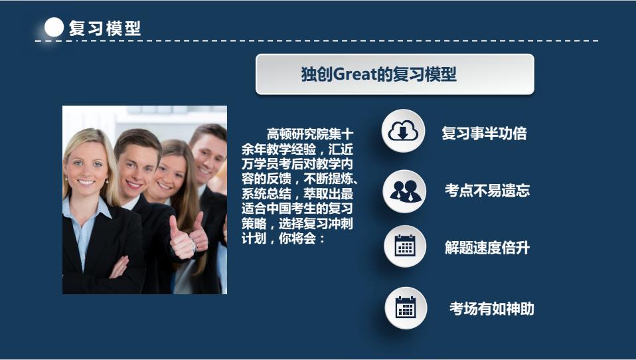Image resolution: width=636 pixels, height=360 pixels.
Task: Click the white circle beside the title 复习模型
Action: (x=54, y=28)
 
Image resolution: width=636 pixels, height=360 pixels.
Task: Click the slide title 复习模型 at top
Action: (x=105, y=29)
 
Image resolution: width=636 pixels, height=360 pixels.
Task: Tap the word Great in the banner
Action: (x=355, y=74)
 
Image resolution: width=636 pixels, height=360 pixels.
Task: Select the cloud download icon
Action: (x=403, y=131)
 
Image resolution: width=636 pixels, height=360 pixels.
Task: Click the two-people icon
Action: (x=405, y=191)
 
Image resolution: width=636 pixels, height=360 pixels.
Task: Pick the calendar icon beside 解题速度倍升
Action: (x=405, y=246)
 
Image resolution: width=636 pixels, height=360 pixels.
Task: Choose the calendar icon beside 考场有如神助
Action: (x=406, y=308)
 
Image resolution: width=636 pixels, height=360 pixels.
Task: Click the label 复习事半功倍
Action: (x=484, y=133)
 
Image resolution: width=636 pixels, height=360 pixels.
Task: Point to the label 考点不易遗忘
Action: (x=487, y=191)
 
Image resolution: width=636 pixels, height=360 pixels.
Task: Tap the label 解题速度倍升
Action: (x=487, y=247)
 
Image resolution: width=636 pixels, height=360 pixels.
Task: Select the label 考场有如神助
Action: (x=491, y=308)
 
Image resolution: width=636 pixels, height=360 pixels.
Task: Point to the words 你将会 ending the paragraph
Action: (x=297, y=238)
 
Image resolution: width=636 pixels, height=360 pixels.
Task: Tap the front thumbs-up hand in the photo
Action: (x=181, y=240)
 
